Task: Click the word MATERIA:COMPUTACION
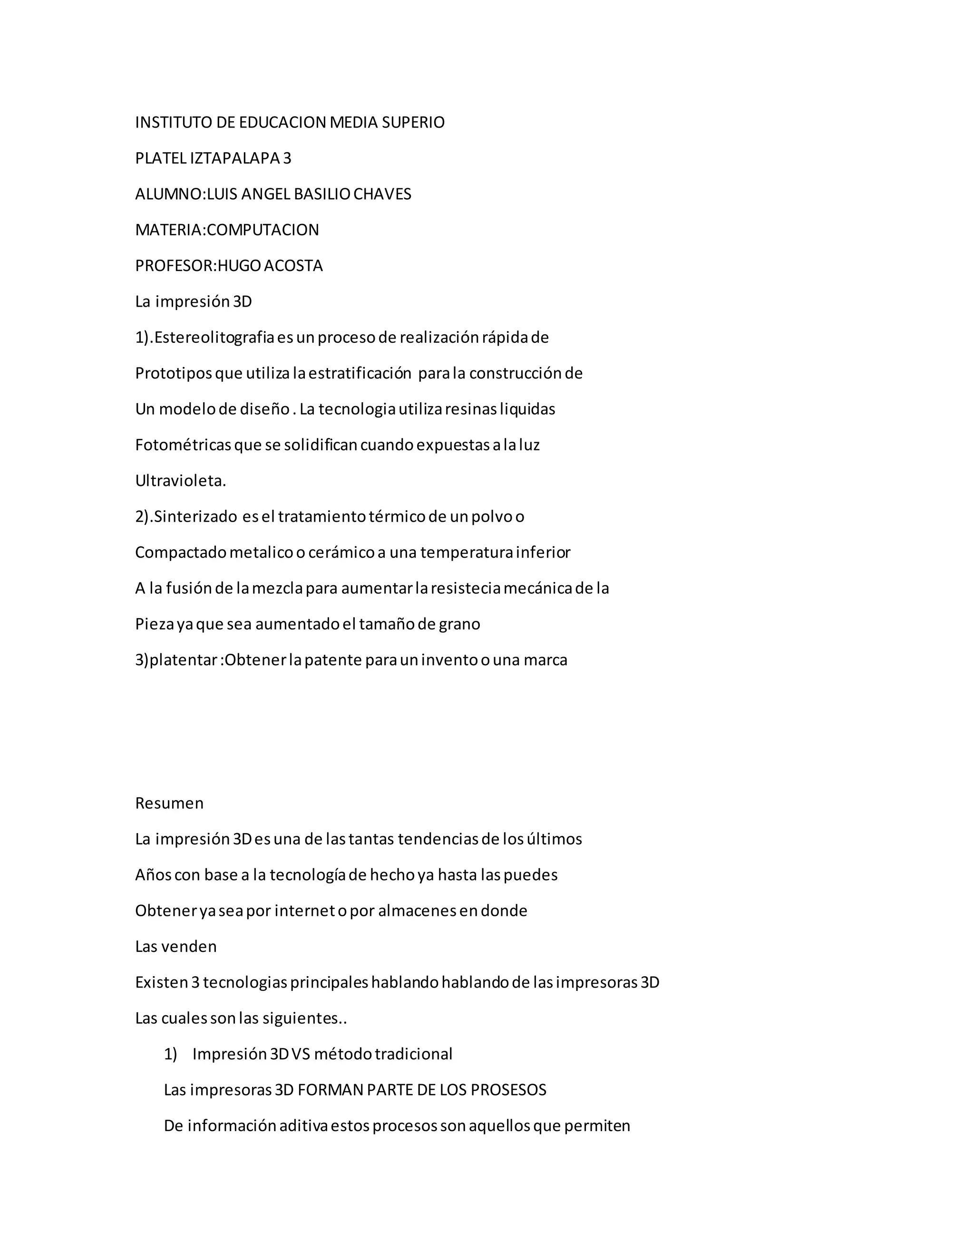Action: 227,230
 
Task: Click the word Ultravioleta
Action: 180,481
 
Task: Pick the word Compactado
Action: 181,552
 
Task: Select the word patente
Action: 333,660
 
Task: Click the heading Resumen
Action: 169,803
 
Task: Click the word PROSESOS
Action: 508,1090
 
